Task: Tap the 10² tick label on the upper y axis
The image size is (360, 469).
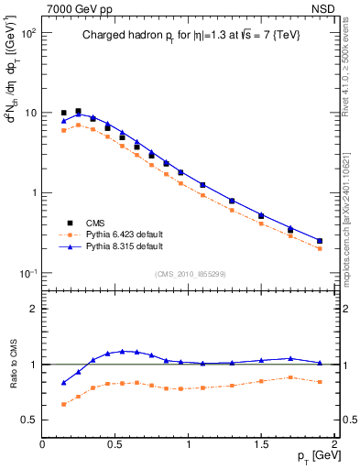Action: click(x=28, y=32)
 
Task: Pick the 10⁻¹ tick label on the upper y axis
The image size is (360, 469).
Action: click(x=28, y=274)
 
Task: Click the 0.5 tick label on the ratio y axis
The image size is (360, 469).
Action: click(x=30, y=420)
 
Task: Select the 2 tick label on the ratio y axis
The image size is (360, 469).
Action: click(x=34, y=309)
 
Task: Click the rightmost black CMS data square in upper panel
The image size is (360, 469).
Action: click(x=320, y=241)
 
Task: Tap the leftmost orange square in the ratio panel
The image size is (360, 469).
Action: click(x=64, y=404)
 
